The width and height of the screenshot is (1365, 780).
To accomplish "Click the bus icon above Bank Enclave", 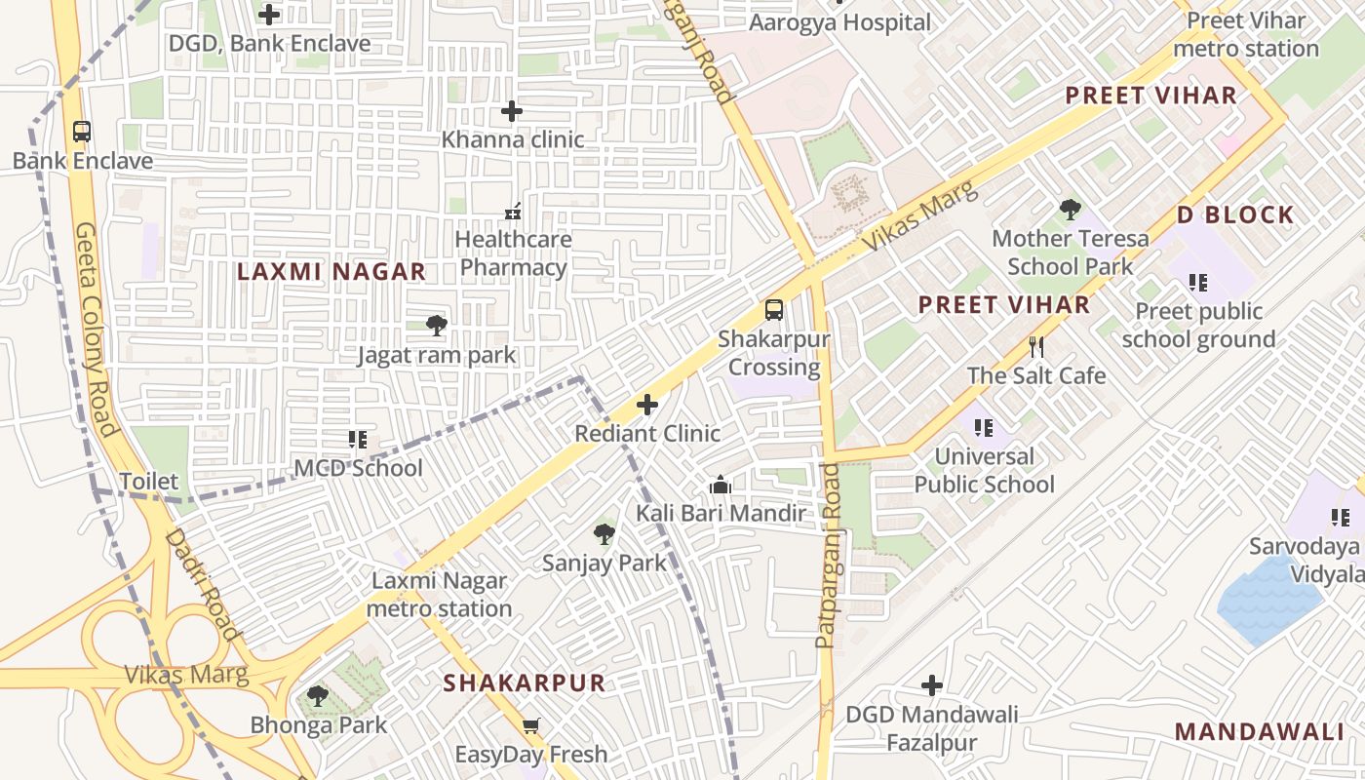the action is click(82, 132).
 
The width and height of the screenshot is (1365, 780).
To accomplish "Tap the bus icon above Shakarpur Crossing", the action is click(774, 310).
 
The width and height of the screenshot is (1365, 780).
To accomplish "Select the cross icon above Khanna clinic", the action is click(512, 111).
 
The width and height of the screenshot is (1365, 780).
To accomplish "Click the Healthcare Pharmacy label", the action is click(514, 253).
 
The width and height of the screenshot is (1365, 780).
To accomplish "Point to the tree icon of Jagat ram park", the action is click(436, 326).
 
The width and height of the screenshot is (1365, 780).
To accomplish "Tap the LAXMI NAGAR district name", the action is click(331, 272).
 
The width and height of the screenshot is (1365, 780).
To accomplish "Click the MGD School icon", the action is click(358, 440).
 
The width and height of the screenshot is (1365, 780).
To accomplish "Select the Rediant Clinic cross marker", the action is click(647, 405).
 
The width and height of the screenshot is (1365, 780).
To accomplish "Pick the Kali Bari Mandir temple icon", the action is click(721, 485).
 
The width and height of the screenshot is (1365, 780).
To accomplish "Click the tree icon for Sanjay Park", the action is click(604, 534).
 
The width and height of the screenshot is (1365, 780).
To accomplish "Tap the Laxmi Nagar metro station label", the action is click(439, 595).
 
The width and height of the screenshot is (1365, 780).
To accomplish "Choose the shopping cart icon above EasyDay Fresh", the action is click(531, 725).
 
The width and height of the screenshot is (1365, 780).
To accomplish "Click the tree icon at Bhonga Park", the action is click(318, 696).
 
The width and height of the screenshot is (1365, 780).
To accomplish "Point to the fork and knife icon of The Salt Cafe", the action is click(1036, 346).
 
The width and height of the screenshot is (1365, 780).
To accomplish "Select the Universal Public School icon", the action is click(984, 427).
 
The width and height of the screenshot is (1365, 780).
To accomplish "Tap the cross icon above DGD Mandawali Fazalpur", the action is click(932, 685).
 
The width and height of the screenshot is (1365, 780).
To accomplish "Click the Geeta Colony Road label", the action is click(95, 327).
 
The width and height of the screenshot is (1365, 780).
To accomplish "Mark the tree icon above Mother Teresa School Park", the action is click(1071, 209).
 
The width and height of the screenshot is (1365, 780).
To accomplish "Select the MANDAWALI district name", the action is click(1259, 731).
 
